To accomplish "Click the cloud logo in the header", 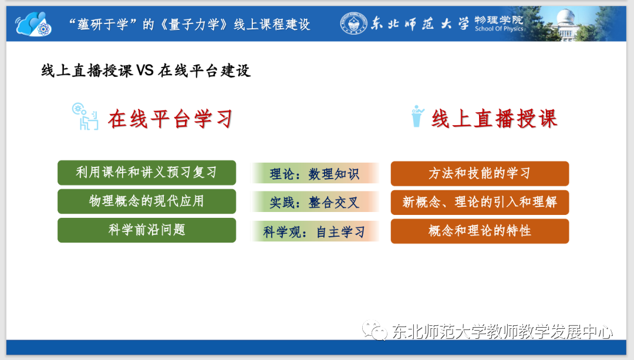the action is click(33, 24).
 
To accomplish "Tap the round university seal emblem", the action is click(354, 23).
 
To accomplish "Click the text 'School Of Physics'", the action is click(499, 29).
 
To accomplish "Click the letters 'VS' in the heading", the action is click(145, 70).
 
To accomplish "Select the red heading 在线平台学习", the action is click(170, 119).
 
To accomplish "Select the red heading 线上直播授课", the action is click(494, 119).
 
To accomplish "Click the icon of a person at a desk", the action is click(85, 116).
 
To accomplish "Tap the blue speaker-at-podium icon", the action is click(417, 116).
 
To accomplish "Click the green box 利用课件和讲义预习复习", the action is click(147, 173).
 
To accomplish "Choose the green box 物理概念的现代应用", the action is click(147, 201).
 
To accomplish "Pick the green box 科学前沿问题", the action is click(147, 230).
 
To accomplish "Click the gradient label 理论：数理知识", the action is click(315, 173).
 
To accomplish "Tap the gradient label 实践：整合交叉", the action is click(315, 202).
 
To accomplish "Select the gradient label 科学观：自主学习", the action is click(315, 231).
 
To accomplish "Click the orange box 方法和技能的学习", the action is click(480, 173).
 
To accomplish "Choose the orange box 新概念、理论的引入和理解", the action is click(480, 202).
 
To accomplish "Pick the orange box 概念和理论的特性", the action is click(480, 231).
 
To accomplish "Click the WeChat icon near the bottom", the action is click(375, 330).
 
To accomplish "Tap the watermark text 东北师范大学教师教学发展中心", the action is click(503, 332).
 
